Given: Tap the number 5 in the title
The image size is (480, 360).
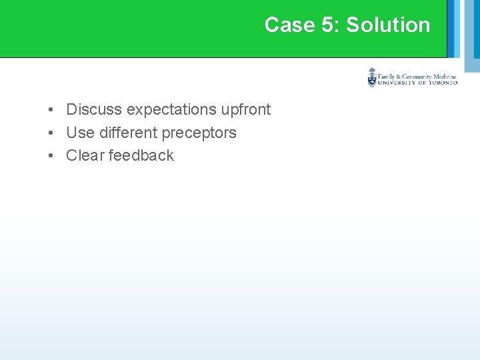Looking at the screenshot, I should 327,25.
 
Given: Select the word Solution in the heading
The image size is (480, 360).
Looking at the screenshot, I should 388,25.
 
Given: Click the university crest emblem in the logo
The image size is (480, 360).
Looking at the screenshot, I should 372,77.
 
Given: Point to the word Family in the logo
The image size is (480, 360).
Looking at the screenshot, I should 388,77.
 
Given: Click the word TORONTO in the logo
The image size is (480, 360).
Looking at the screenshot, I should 443,83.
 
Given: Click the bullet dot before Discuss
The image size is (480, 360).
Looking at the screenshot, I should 51,109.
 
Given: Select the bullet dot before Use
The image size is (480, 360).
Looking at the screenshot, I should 51,133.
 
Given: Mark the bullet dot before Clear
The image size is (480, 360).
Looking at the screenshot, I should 51,155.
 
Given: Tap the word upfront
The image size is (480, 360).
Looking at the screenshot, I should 246,109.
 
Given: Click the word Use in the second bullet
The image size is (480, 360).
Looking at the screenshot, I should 79,133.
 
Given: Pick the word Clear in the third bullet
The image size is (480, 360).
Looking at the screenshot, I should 85,155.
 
